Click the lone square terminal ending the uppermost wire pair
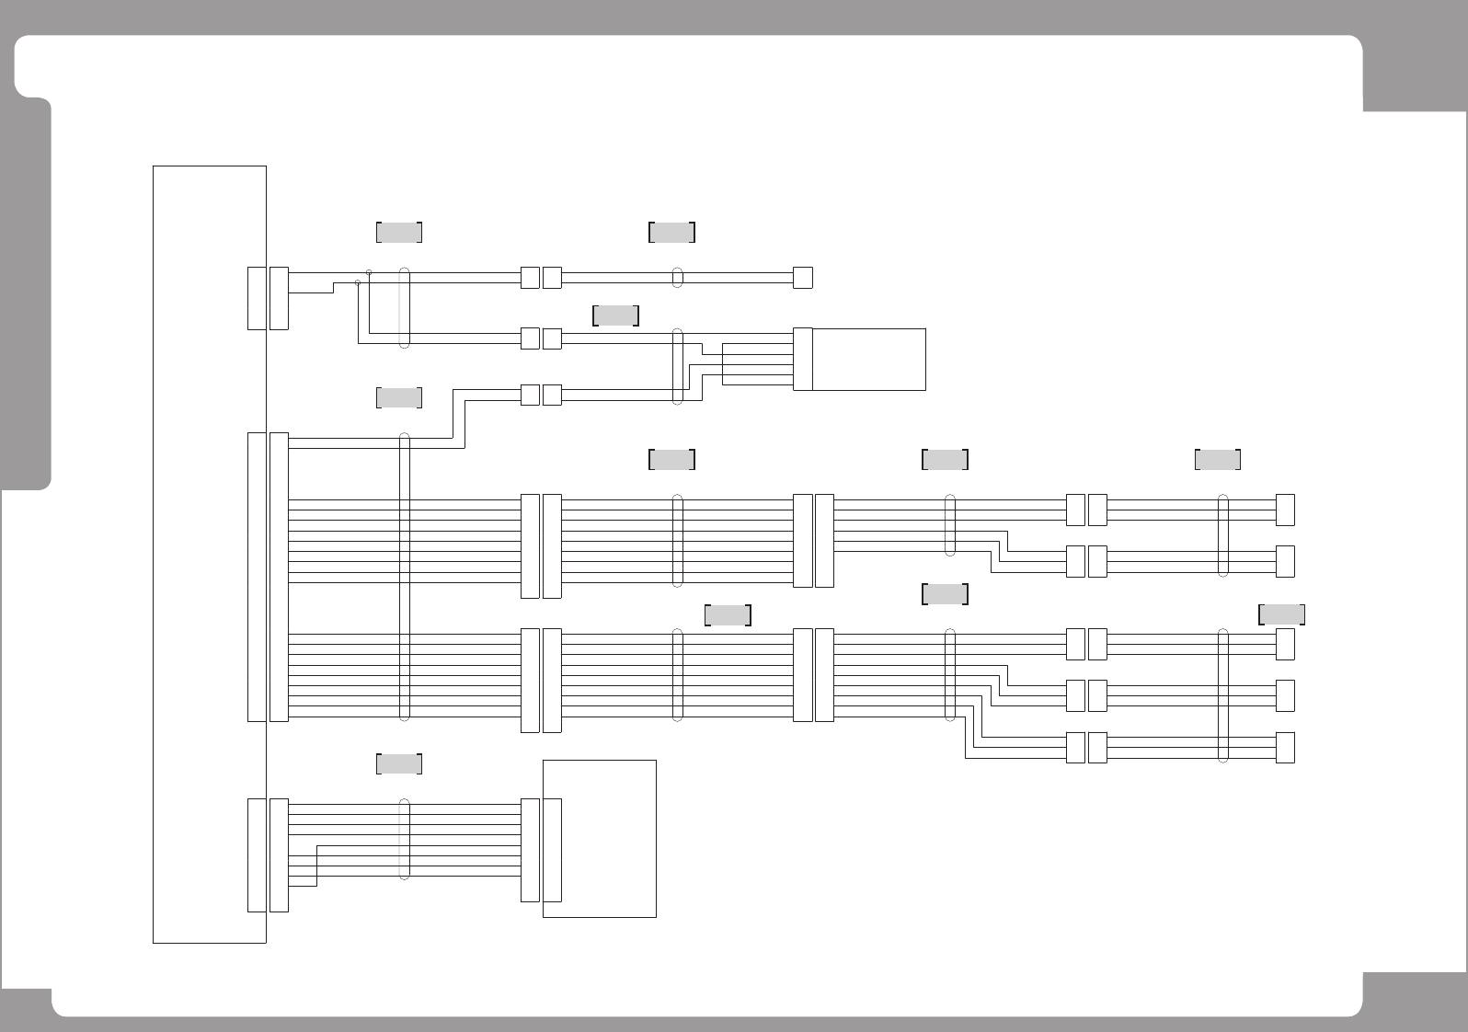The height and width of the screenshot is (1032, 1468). coord(802,277)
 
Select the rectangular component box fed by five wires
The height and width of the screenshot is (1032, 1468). coord(868,359)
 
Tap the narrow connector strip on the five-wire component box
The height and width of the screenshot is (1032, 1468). coord(802,359)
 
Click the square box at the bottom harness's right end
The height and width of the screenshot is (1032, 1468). coord(599,838)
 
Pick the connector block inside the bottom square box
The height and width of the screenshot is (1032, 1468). coord(552,850)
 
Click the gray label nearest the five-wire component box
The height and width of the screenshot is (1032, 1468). coord(616,315)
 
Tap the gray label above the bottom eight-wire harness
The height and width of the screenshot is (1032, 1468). coord(399,763)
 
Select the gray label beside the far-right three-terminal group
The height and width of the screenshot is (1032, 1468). coord(1281,613)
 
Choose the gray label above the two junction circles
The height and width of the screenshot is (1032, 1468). coord(399,232)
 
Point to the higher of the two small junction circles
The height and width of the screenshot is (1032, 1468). coord(369,272)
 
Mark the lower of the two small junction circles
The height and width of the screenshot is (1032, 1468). coord(358,282)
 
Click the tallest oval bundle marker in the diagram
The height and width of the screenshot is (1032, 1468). coord(404,577)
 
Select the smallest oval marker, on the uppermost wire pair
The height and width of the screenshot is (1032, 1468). coord(678,277)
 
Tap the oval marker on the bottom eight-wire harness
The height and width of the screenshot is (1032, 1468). coord(404,840)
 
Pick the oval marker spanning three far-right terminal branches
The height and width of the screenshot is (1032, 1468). coord(1222,695)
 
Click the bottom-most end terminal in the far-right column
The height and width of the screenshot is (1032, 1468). coord(1285,748)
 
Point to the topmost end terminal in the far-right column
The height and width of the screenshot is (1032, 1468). coord(1285,510)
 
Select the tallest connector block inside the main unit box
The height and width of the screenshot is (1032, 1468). coord(257,577)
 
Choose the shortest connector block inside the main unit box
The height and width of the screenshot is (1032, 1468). coord(257,298)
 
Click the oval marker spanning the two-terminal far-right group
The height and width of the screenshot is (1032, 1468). coord(1222,535)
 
